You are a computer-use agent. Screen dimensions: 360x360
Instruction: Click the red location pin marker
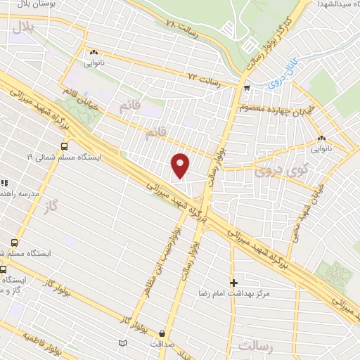click(x=181, y=165)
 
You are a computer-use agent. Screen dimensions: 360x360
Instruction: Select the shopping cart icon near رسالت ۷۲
click(x=246, y=88)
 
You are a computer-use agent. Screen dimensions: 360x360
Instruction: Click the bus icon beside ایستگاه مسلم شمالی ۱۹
click(x=64, y=147)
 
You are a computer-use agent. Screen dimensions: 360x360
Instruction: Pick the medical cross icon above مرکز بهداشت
click(x=233, y=282)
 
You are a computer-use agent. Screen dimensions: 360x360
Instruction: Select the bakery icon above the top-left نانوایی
click(x=93, y=51)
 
